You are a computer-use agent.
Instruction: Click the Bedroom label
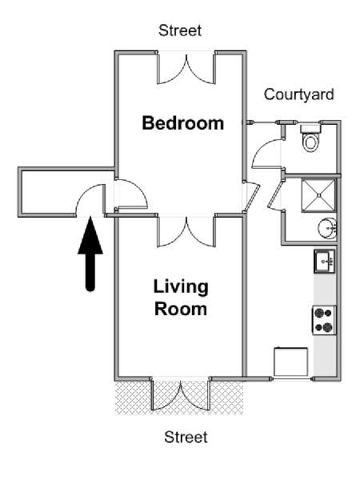(x=182, y=123)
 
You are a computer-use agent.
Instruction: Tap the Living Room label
(x=181, y=297)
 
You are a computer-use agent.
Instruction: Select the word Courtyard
(x=298, y=94)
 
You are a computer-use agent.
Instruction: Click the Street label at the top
(x=180, y=31)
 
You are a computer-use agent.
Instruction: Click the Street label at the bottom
(x=186, y=438)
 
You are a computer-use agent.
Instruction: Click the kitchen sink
(x=324, y=261)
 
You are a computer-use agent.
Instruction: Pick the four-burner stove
(x=323, y=321)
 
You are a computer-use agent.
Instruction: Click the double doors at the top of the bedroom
(x=186, y=69)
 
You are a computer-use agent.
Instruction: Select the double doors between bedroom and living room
(x=186, y=232)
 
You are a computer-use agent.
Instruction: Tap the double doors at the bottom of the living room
(x=181, y=394)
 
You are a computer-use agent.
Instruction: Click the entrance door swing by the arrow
(x=90, y=201)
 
